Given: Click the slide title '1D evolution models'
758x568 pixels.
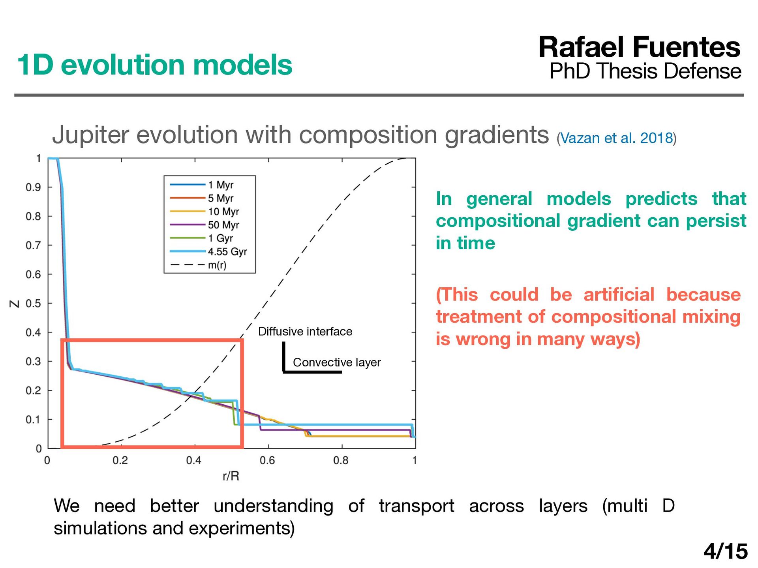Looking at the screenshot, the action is tap(154, 65).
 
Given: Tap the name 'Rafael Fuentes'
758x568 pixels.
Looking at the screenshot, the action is tap(640, 47).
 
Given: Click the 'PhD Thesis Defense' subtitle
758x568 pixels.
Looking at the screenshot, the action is tap(645, 71).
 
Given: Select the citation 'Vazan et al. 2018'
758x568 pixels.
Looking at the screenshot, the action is tap(617, 138).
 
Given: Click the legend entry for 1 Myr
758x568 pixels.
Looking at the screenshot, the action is tap(202, 185).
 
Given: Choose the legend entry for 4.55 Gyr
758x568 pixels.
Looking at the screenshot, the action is tap(208, 252).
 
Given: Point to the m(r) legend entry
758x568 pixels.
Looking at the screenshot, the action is tap(198, 265).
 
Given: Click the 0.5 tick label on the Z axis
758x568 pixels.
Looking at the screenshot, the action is tap(33, 303).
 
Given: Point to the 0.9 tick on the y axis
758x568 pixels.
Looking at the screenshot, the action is tap(33, 187).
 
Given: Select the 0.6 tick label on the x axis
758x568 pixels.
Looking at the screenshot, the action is tap(267, 460).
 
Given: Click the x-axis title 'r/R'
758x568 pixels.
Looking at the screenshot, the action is tap(231, 476).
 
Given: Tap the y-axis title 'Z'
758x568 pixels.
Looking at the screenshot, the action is tap(15, 304).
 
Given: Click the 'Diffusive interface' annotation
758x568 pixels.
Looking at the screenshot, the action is tap(305, 331).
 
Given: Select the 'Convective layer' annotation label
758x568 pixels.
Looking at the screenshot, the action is tap(337, 362).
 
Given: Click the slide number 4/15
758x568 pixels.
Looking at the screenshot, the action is tap(726, 551).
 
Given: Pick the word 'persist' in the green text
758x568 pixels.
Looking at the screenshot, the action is tap(716, 221).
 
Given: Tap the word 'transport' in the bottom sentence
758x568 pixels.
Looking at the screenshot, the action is tap(417, 506).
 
